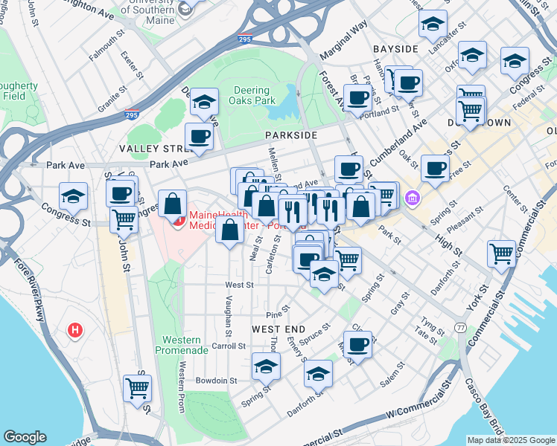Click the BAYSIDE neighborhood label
395,49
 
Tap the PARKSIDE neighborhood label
291,135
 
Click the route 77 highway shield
462,328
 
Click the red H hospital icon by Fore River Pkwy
74,330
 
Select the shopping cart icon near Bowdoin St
138,387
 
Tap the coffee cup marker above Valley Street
200,137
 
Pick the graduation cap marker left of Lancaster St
432,25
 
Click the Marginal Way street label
344,42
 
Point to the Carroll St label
229,346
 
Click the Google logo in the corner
25,436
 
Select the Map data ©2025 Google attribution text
511,440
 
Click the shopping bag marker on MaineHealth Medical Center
173,204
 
